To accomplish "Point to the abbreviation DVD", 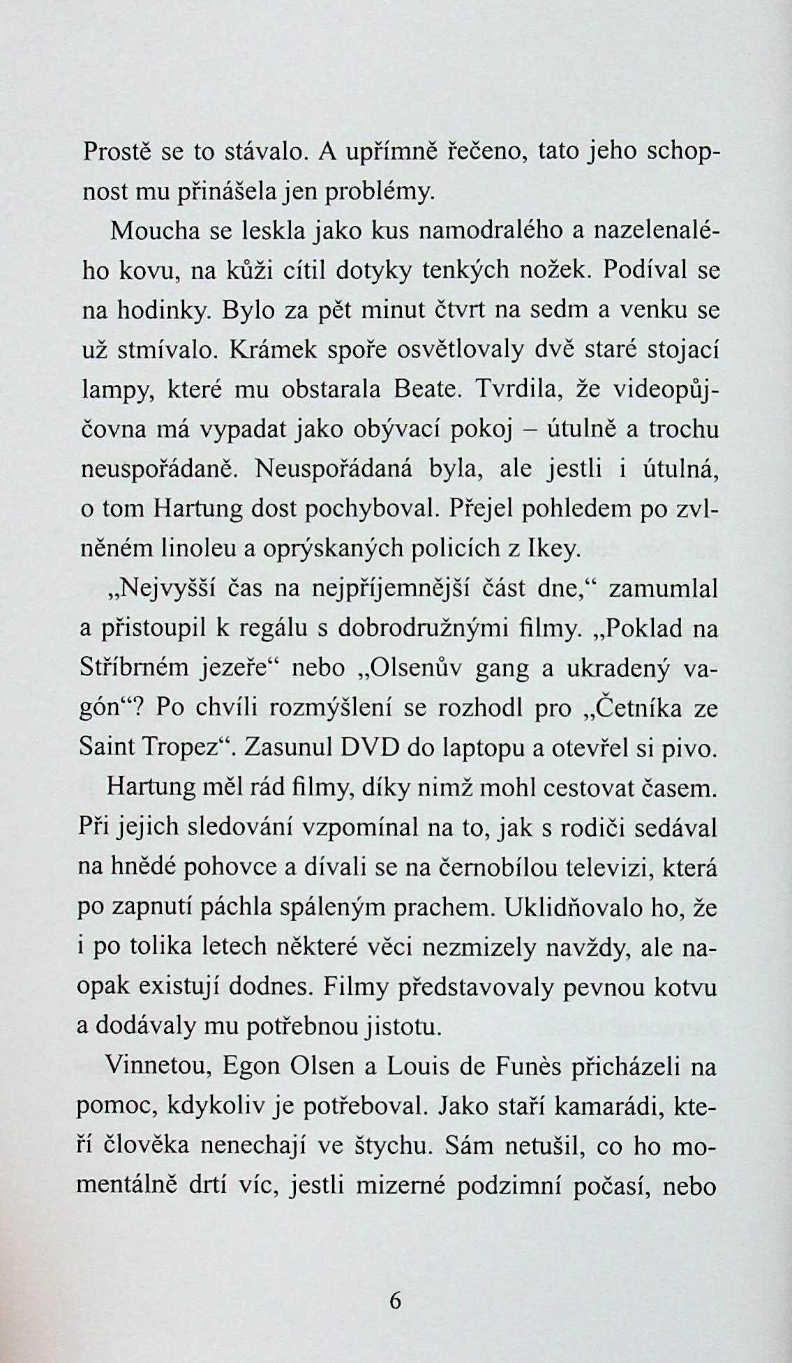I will click(x=369, y=749).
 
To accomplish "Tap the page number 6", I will click(x=396, y=1301).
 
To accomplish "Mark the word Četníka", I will click(x=632, y=709).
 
